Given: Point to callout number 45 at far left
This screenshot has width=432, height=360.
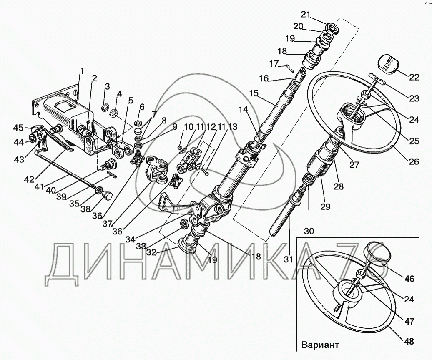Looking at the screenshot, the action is click(18, 128).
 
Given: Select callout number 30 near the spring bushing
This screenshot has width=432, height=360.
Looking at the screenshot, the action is click(309, 231).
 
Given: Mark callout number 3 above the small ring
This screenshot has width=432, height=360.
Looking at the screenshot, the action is click(107, 86).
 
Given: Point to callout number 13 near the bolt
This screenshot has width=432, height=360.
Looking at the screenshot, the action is click(232, 126).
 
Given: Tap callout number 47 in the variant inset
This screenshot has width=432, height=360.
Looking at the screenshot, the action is click(409, 322).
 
